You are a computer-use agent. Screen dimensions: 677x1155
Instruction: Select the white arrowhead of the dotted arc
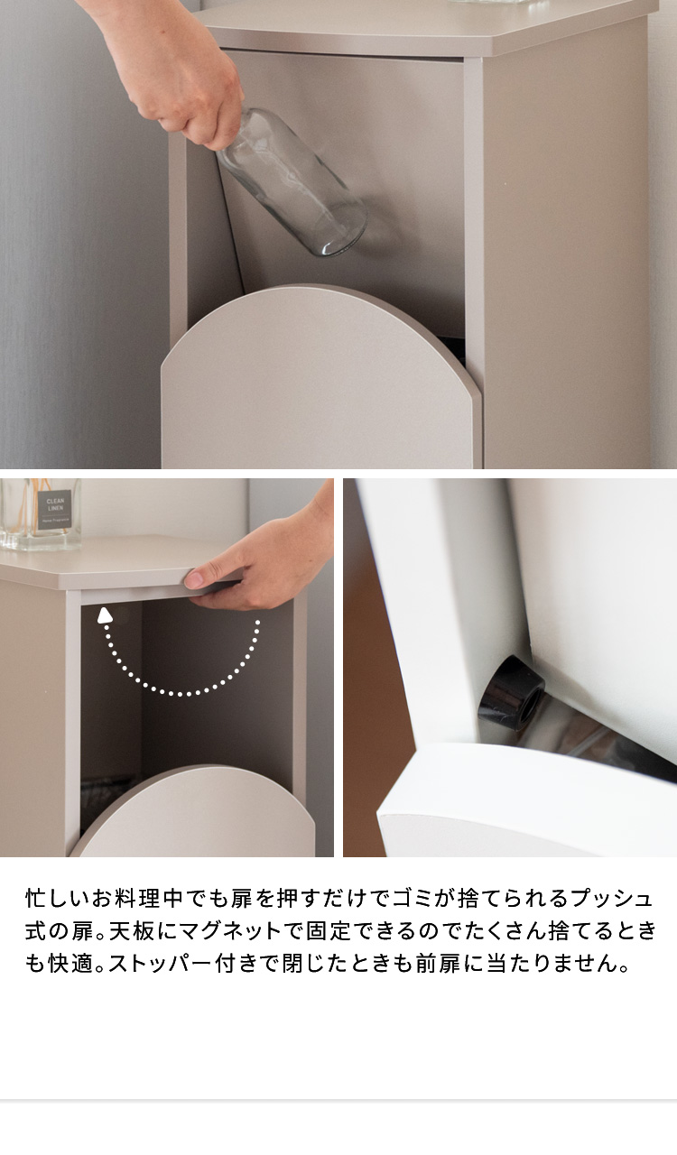click(x=106, y=615)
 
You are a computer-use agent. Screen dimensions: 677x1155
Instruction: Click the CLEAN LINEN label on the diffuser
click(x=55, y=508)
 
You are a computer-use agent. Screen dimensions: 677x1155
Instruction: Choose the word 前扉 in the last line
click(x=439, y=963)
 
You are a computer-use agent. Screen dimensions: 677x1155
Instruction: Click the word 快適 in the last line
click(x=70, y=963)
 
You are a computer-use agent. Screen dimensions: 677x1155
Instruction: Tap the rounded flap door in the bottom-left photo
click(x=193, y=810)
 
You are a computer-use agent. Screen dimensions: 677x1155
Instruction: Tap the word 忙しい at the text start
click(x=59, y=899)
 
